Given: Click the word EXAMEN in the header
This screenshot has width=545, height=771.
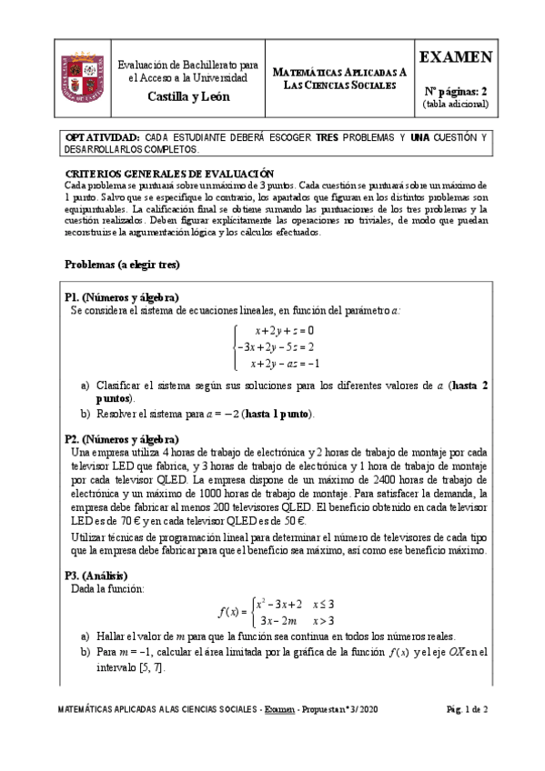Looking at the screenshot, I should (x=457, y=57).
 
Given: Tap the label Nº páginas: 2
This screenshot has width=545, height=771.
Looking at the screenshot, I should (x=457, y=90).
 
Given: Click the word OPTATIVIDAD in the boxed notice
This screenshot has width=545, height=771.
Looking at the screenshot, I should (x=102, y=137).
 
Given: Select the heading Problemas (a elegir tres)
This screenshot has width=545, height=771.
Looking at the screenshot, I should (x=122, y=265).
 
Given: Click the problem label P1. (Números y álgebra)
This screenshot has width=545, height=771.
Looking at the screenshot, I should (x=121, y=297).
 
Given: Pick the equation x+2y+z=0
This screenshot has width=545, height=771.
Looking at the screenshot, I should (x=284, y=330).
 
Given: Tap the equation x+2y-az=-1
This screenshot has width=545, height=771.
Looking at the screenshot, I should (x=284, y=363).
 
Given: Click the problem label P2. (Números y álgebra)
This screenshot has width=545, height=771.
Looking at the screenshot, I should (x=121, y=437).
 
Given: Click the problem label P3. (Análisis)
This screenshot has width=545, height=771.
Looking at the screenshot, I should (x=96, y=575).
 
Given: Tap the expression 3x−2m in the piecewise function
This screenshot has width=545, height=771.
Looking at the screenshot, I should (x=279, y=620).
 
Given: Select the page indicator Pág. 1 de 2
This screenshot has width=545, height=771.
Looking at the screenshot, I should (x=468, y=733).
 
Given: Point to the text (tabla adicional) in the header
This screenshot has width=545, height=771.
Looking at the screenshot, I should (x=457, y=104).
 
